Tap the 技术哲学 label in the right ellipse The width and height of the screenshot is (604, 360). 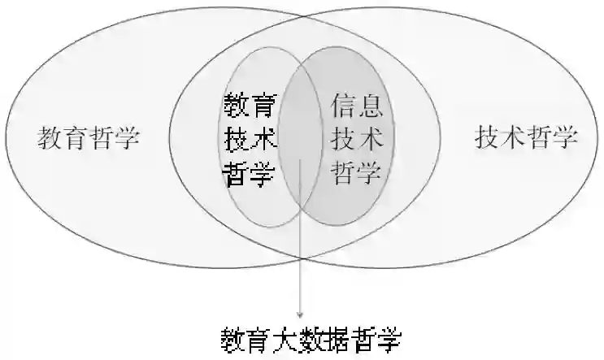point(525,137)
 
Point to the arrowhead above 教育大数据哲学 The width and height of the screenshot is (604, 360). point(300,314)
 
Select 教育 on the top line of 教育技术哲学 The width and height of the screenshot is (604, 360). point(250,106)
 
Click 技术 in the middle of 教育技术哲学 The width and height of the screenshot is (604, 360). point(250,140)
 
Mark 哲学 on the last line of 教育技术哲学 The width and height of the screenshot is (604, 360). point(250,174)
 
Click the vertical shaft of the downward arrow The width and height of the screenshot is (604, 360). point(300,244)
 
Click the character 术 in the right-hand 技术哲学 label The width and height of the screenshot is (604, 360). point(512,137)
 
